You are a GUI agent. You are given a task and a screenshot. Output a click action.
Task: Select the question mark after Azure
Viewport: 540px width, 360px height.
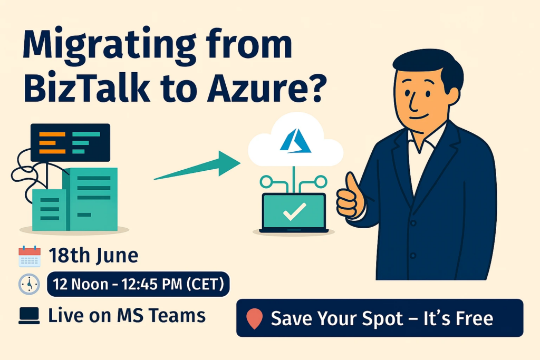point(313,88)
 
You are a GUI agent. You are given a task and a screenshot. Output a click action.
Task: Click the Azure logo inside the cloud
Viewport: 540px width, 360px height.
point(295,141)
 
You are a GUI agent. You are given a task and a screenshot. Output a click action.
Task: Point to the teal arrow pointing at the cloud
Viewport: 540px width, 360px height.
point(197,166)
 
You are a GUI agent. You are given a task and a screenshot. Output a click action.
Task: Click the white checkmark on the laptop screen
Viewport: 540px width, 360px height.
point(294,211)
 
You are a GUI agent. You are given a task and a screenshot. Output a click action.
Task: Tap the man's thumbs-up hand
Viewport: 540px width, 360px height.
point(351,197)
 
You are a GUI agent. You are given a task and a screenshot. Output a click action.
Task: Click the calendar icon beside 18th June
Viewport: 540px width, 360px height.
point(30,256)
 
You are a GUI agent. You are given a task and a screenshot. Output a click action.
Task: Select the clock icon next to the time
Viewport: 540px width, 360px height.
point(29,284)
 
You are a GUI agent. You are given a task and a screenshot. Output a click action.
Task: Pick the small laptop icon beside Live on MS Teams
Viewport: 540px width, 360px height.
point(29,316)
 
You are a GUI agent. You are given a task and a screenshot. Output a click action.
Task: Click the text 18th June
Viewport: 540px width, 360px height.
point(93,256)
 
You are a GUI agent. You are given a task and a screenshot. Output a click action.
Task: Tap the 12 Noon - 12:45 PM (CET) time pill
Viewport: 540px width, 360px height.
point(138,284)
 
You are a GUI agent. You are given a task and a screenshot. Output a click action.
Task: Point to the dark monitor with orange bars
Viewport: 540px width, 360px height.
point(70,142)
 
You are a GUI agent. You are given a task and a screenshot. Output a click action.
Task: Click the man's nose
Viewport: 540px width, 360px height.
point(413,103)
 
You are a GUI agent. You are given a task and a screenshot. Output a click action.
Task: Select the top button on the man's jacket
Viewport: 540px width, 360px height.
point(413,223)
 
